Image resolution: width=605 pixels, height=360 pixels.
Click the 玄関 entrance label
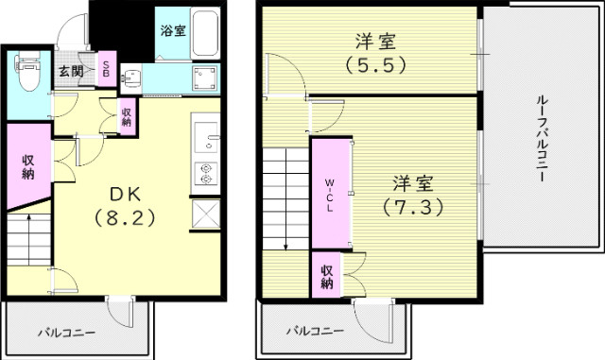pyautogui.click(x=69, y=72)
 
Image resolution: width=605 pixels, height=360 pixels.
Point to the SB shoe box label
pyautogui.click(x=106, y=71)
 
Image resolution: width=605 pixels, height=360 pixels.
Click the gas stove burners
pyautogui.click(x=207, y=175)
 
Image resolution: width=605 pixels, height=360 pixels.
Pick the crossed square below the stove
pyautogui.click(x=206, y=213)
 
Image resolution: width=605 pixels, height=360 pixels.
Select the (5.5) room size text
pyautogui.click(x=375, y=66)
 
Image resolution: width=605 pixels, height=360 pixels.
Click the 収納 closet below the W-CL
pyautogui.click(x=327, y=273)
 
